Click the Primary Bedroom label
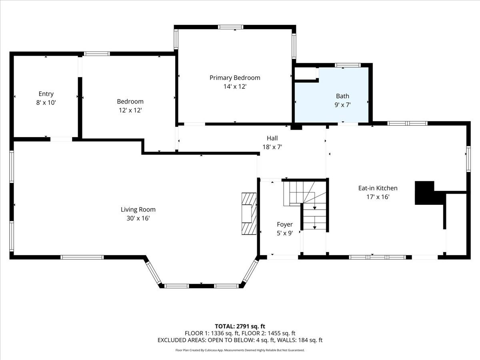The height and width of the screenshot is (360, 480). tap(235, 78)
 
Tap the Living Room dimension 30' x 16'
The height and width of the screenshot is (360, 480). tap(138, 218)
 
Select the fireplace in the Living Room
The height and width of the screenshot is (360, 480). tap(249, 214)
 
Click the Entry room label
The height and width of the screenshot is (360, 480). tap(46, 94)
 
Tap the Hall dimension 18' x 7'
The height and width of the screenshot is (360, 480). tap(272, 147)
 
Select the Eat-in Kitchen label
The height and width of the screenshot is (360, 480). tap(378, 188)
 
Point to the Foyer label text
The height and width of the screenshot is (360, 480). tap(285, 224)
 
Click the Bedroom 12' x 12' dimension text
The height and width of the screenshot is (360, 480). tap(130, 110)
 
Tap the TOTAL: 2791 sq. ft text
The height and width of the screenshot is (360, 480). tap(240, 326)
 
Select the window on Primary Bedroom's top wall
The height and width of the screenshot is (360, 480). tap(231, 27)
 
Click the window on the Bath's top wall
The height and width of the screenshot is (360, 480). tap(348, 65)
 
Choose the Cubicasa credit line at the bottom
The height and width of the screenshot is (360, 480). tap(240, 350)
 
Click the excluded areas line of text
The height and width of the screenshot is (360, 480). tap(240, 340)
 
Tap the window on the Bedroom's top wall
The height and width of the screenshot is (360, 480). tap(96, 54)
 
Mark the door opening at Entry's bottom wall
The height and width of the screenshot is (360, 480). tap(61, 139)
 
